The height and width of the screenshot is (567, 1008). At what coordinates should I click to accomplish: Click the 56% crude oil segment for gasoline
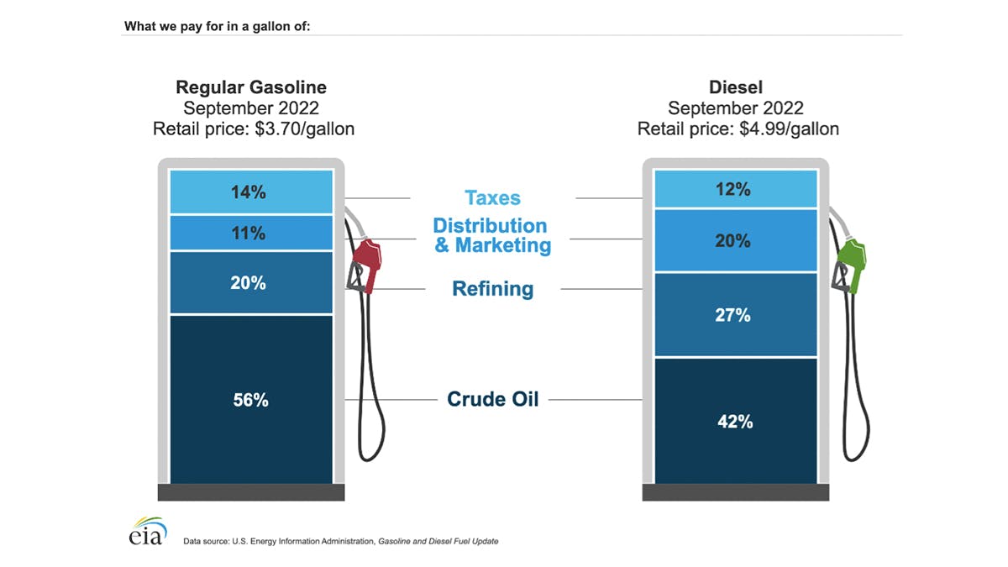click(x=250, y=400)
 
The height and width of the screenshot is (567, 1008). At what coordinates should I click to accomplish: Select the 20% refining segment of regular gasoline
click(x=250, y=283)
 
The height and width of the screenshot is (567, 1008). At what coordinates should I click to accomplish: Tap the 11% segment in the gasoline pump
click(x=250, y=233)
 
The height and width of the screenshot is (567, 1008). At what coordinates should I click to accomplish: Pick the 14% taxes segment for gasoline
click(x=250, y=192)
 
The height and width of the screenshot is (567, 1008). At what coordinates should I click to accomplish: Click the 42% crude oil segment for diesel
click(x=735, y=421)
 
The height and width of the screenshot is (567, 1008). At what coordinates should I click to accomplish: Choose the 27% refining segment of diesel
click(x=735, y=315)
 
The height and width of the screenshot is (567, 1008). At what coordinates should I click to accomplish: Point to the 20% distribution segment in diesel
click(x=735, y=241)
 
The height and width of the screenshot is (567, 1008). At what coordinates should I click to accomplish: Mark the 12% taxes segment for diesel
click(x=735, y=189)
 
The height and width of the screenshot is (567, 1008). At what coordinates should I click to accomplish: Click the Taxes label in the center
click(x=492, y=198)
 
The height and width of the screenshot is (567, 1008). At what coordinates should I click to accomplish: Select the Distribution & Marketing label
click(x=491, y=235)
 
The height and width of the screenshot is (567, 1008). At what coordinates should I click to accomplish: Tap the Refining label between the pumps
click(x=492, y=289)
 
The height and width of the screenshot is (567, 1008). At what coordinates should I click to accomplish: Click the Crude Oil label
click(x=492, y=399)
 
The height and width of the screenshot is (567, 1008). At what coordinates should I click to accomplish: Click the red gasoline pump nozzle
click(x=366, y=262)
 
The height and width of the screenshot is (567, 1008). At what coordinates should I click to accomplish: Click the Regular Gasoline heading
click(x=250, y=87)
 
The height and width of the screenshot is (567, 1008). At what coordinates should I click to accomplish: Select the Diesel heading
click(x=736, y=87)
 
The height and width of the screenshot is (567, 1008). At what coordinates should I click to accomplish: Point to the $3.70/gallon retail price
click(x=304, y=129)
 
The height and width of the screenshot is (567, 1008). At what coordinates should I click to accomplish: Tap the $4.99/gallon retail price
click(x=789, y=129)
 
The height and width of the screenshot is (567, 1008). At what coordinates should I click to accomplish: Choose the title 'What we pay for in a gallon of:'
click(x=218, y=26)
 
